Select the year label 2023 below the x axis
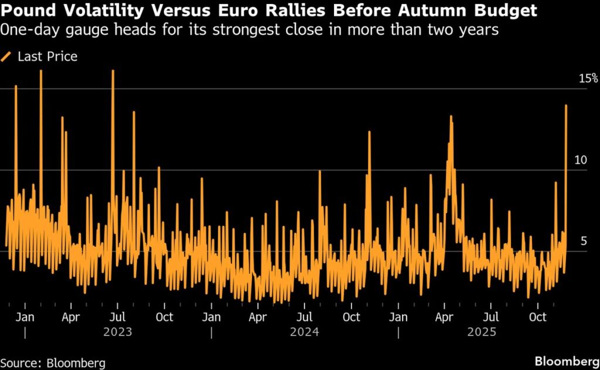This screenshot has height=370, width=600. click(117, 332)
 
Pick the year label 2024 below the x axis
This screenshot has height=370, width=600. click(304, 332)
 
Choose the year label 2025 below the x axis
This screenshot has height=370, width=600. click(481, 332)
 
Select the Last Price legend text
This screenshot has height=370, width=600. click(47, 57)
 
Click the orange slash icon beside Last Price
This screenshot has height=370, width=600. click(7, 57)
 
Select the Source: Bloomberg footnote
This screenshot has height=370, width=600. click(53, 361)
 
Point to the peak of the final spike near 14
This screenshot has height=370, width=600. click(566, 106)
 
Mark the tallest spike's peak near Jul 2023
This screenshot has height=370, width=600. click(112, 71)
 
